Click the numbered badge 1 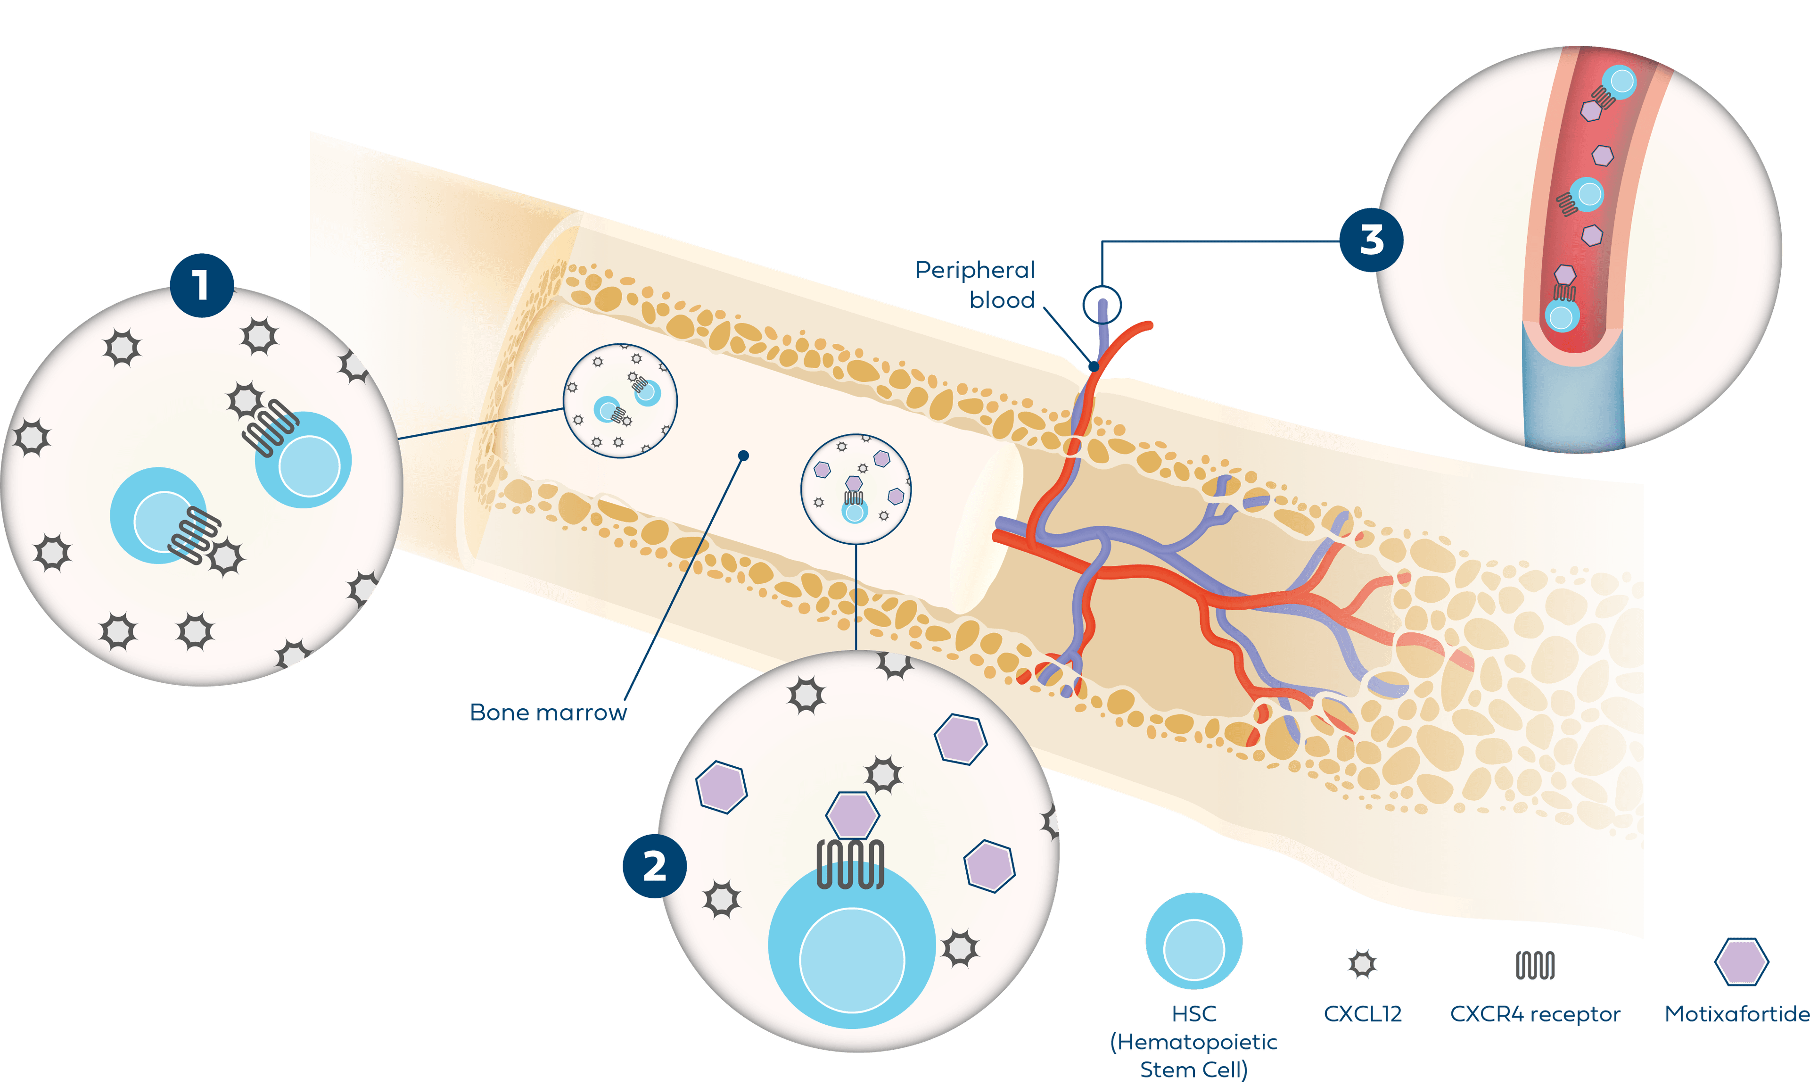click(202, 285)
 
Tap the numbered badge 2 click(655, 866)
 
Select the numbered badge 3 click(1371, 240)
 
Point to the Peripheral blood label click(976, 285)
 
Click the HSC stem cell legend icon click(1193, 941)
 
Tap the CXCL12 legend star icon click(1362, 964)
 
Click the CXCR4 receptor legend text click(1535, 1014)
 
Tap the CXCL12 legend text click(1362, 1014)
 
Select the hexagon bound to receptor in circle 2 click(852, 814)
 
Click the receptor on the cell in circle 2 click(850, 864)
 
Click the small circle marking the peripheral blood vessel click(1102, 305)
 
